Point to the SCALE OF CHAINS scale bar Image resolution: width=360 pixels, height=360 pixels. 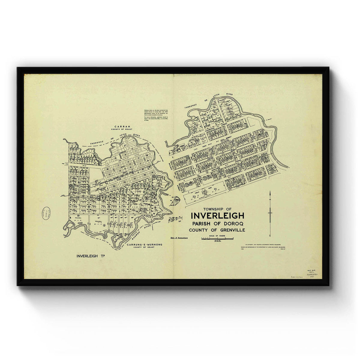(x=218, y=238)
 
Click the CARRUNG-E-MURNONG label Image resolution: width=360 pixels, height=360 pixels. (x=145, y=245)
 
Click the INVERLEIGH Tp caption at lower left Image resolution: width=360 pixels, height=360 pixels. (x=92, y=256)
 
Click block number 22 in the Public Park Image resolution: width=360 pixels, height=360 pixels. (x=215, y=189)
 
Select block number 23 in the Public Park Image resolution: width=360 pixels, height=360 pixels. (x=194, y=197)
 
